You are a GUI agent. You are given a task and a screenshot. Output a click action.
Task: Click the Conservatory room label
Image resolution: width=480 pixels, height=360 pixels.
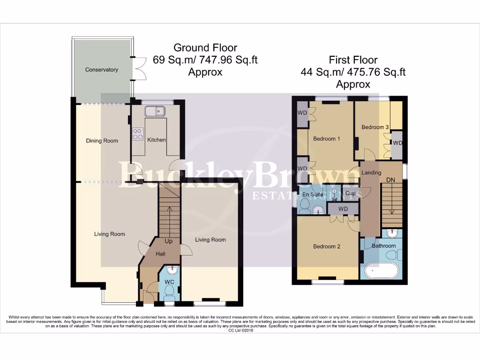pyautogui.click(x=101, y=70)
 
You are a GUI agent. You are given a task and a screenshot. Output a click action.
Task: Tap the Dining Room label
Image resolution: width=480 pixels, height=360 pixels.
pyautogui.click(x=102, y=141)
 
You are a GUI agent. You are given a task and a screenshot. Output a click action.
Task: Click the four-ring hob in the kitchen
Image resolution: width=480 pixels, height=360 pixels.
pyautogui.click(x=138, y=134)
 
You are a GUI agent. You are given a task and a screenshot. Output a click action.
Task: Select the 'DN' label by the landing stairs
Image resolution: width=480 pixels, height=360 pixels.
pyautogui.click(x=390, y=180)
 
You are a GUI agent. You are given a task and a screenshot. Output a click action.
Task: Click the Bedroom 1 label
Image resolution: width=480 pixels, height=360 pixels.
pyautogui.click(x=327, y=139)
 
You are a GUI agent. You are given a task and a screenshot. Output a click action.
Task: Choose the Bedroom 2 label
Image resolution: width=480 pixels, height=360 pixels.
pyautogui.click(x=327, y=247)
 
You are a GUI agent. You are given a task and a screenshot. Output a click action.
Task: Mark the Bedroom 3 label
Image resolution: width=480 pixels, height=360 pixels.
pyautogui.click(x=375, y=127)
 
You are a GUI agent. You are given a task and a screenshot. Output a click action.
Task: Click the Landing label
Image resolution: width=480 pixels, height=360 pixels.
pyautogui.click(x=371, y=172)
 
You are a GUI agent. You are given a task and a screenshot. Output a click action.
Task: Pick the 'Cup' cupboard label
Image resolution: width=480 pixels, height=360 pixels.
pyautogui.click(x=350, y=193)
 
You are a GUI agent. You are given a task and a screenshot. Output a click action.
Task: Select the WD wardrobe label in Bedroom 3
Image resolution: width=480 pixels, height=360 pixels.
pyautogui.click(x=397, y=143)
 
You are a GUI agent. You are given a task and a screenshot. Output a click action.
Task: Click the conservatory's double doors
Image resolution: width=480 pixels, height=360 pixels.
pyautogui.click(x=138, y=69)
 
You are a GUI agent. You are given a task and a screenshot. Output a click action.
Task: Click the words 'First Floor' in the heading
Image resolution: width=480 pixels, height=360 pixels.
pyautogui.click(x=353, y=60)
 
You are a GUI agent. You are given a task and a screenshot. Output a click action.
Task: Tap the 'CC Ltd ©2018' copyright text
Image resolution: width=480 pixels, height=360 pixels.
pyautogui.click(x=240, y=330)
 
